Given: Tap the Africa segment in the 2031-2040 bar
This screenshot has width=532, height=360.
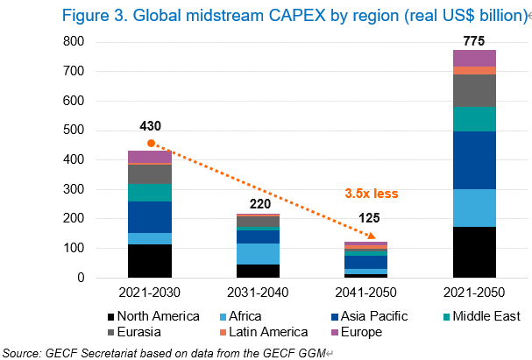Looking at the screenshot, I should pos(259,253).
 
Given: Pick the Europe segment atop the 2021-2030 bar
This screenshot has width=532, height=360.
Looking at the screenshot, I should pos(149,157).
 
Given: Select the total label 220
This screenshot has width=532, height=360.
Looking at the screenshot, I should pos(259,204).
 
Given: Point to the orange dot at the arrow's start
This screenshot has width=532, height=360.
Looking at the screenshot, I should pos(151,143).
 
